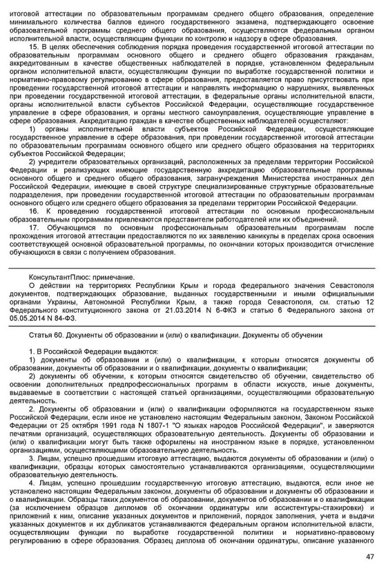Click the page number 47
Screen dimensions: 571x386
click(370, 557)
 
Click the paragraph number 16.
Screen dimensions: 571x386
click(33, 211)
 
